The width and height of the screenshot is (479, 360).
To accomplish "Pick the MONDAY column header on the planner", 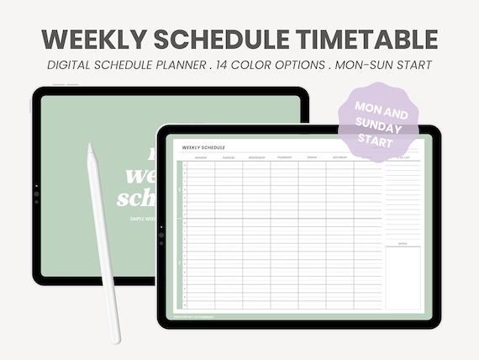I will click(201, 157).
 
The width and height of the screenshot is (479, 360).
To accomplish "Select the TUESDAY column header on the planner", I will click(229, 157).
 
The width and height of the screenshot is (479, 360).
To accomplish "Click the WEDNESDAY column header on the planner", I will click(256, 157).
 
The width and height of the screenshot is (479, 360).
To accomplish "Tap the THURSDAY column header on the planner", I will click(284, 157).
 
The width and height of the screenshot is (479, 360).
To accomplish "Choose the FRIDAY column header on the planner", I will click(312, 157).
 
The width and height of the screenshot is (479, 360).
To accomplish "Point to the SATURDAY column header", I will click(340, 157).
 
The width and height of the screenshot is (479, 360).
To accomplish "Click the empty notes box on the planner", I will click(403, 278).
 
